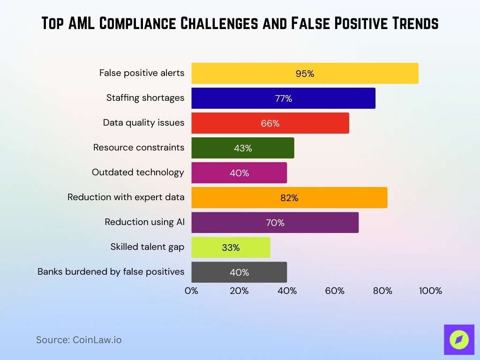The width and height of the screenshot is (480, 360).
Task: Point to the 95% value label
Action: tap(305, 74)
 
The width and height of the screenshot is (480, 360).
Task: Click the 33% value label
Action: tap(231, 247)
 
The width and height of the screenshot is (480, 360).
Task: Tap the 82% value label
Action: tap(289, 198)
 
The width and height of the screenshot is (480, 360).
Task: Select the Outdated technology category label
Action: tap(138, 172)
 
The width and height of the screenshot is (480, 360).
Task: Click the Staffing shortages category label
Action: tap(145, 98)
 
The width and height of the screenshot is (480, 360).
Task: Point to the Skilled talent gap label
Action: tap(147, 247)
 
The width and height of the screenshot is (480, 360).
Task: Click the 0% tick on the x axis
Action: tap(191, 291)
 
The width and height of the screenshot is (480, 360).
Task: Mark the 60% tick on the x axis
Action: tap(335, 291)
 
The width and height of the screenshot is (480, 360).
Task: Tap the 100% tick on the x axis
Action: tap(430, 291)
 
